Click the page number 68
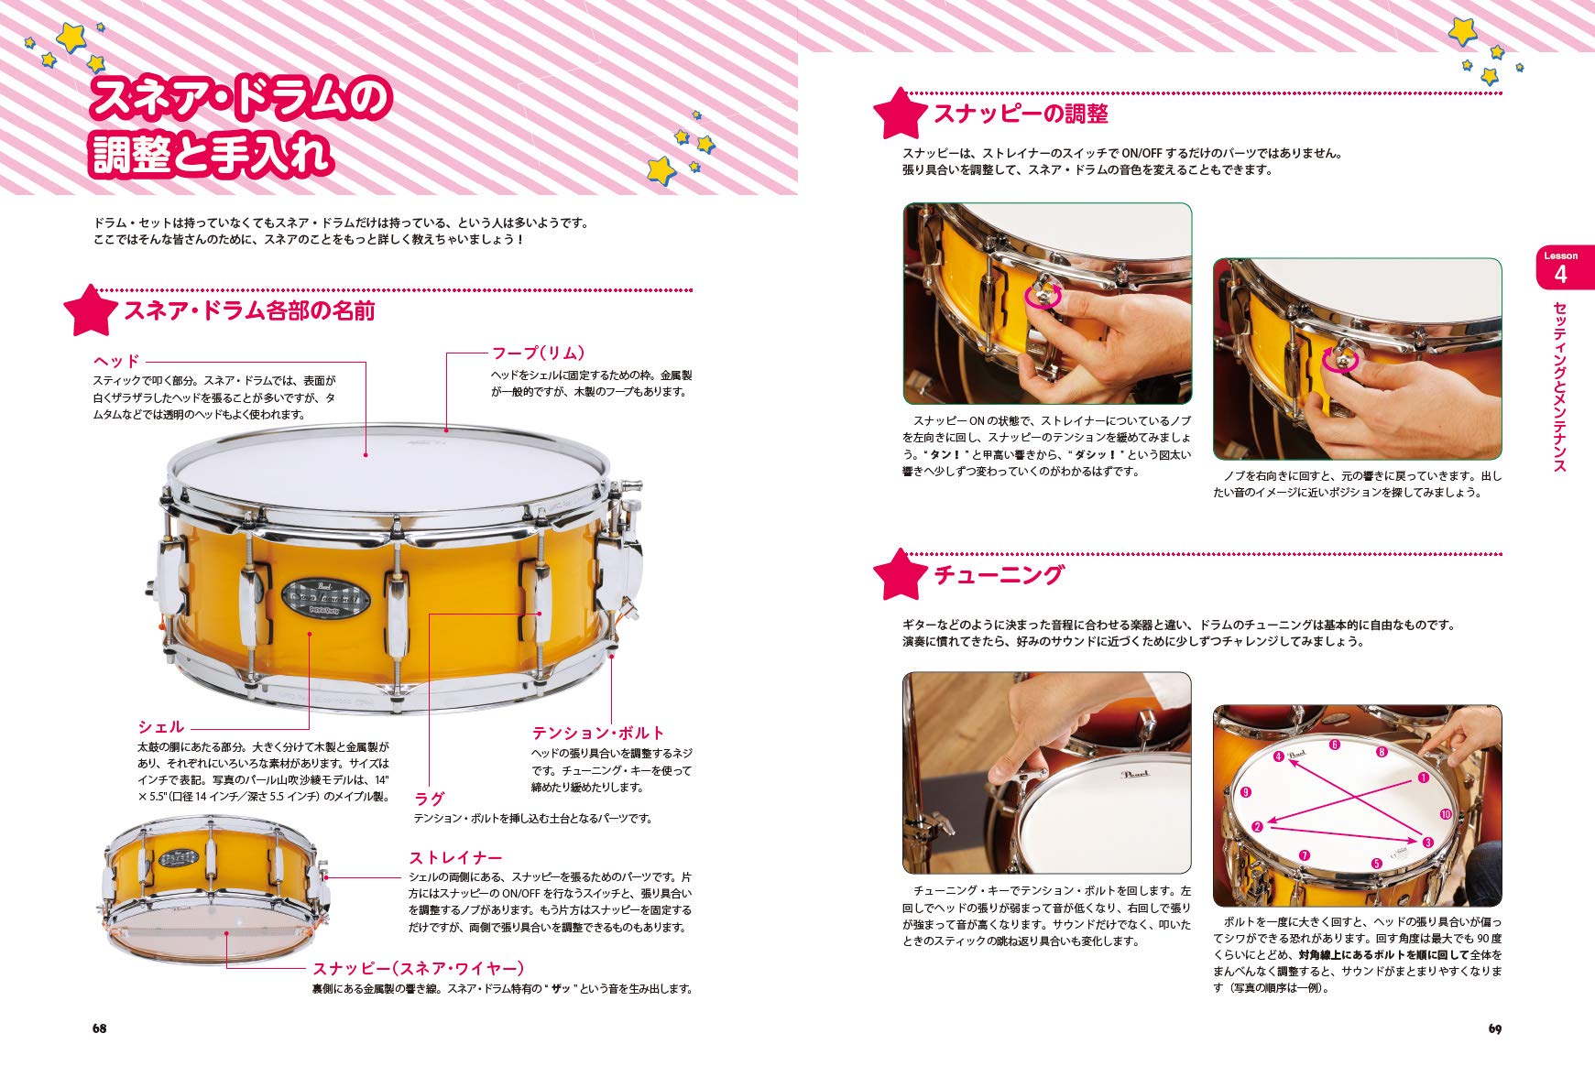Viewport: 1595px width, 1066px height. (x=99, y=1028)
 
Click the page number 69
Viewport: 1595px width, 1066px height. (x=1494, y=1028)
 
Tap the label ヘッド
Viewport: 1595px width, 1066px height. (x=116, y=361)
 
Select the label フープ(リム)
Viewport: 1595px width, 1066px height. (x=538, y=353)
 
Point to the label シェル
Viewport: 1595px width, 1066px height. (x=160, y=726)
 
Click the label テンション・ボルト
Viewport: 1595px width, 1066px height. (x=598, y=733)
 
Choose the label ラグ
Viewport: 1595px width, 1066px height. (x=430, y=799)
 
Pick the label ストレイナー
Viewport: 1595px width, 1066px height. (x=455, y=857)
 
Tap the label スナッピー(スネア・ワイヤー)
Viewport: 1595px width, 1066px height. (x=419, y=968)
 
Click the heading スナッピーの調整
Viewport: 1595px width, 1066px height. (x=1021, y=114)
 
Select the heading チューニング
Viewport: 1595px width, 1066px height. (x=999, y=574)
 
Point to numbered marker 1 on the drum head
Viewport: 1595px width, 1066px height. (x=1423, y=778)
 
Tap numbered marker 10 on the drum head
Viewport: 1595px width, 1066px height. (x=1446, y=814)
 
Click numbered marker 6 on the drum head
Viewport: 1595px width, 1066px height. (x=1334, y=745)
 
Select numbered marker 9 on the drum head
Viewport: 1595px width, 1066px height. (x=1245, y=793)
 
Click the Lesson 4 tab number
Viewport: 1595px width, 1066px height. (x=1561, y=274)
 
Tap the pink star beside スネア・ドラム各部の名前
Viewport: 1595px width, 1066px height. (x=90, y=310)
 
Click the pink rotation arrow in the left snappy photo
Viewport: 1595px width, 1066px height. (x=1044, y=296)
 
